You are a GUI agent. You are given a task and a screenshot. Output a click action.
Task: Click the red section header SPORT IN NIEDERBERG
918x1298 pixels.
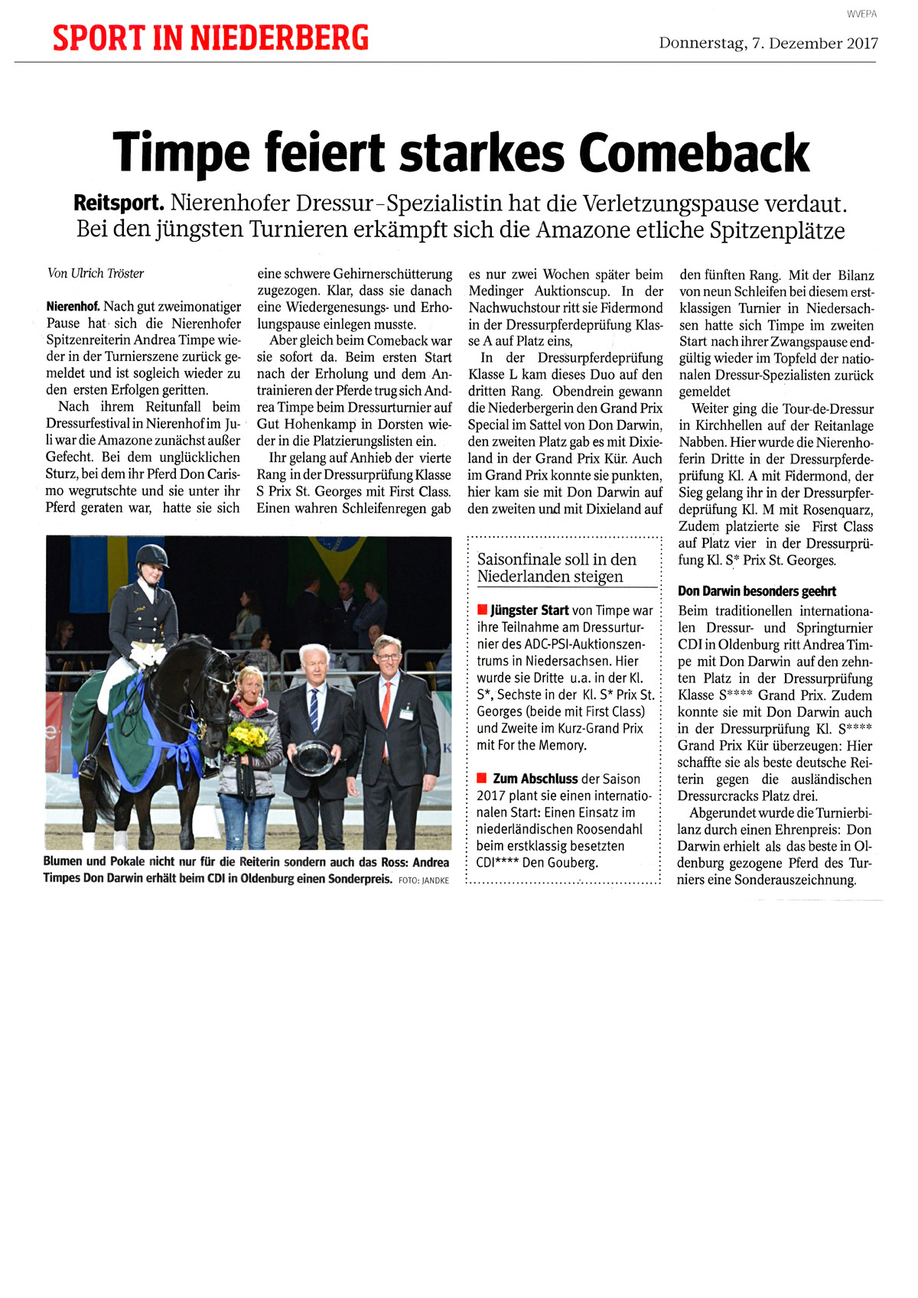coord(210,37)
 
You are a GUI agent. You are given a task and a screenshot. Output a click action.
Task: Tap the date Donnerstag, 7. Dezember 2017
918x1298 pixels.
coord(768,44)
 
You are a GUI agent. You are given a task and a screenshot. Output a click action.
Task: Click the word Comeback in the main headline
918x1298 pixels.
coord(694,152)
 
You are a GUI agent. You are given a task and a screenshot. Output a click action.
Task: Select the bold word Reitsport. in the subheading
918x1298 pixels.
coord(119,203)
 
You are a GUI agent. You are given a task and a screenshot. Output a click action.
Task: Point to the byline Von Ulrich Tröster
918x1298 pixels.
coord(96,273)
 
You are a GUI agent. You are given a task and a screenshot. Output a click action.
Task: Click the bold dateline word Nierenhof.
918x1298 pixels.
coord(73,307)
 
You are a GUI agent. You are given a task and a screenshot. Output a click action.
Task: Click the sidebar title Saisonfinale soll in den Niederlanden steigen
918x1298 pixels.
coord(557,568)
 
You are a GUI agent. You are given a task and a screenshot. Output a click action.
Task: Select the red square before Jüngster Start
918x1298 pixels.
coord(482,610)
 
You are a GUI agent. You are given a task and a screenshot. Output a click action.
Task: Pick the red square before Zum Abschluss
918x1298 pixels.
coord(482,778)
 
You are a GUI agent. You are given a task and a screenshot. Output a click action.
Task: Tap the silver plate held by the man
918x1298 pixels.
coord(312,756)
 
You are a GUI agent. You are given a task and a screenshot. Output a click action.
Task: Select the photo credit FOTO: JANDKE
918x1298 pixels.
coord(424,880)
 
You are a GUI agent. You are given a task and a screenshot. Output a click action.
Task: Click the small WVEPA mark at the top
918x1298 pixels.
coord(861,14)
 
